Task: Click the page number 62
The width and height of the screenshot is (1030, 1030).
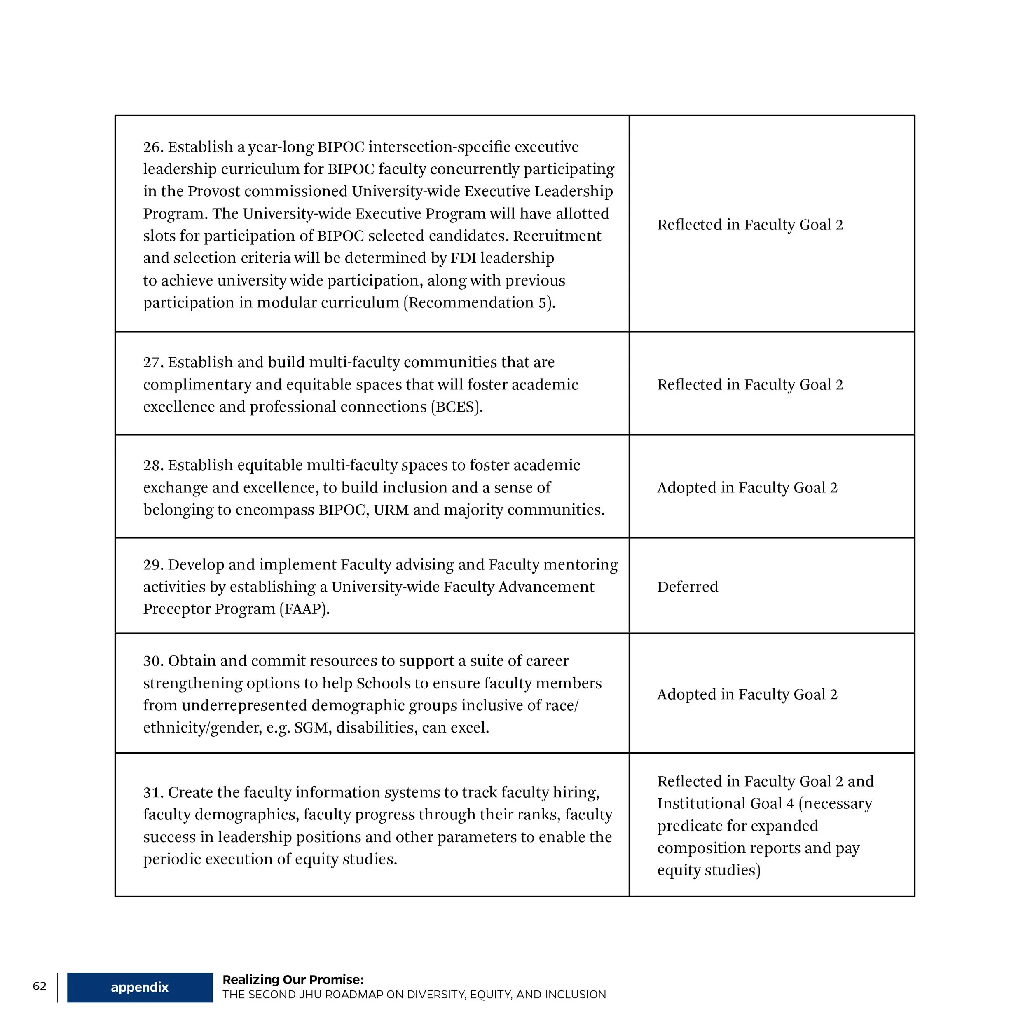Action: (40, 986)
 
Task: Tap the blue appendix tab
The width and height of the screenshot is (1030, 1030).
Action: (140, 987)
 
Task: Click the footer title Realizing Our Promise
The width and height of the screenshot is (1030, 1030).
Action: (293, 979)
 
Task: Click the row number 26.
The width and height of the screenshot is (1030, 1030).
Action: (152, 147)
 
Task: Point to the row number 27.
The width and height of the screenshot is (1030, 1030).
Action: (152, 363)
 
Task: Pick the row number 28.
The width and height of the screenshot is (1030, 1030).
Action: (152, 466)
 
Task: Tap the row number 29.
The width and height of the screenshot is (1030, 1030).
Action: (152, 564)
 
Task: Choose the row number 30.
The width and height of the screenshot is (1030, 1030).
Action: (152, 661)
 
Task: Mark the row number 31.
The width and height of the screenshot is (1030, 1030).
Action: (152, 792)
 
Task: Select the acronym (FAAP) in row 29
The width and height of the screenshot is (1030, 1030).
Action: (304, 609)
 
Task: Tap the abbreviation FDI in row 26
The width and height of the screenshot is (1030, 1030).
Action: (463, 258)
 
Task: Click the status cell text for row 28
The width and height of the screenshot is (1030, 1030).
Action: (747, 487)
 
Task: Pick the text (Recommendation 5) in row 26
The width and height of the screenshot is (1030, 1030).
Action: (479, 303)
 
